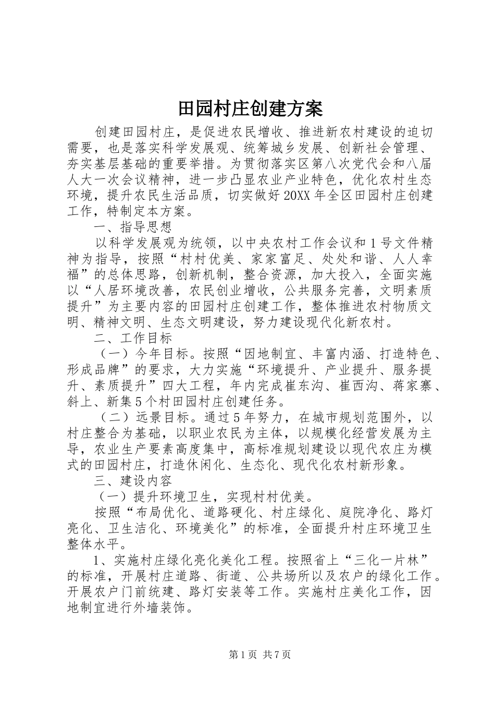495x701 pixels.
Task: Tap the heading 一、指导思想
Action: (132, 227)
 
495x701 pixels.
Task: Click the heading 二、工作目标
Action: (132, 339)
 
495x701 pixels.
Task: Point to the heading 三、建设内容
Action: (132, 480)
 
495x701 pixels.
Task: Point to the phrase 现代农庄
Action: (372, 449)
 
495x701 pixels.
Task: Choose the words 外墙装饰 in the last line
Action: (160, 608)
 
